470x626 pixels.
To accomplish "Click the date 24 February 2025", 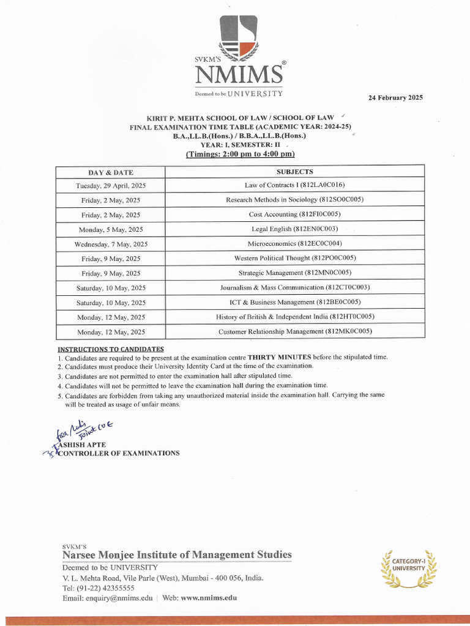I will click(x=395, y=98).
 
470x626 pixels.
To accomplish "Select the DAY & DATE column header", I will click(x=111, y=172).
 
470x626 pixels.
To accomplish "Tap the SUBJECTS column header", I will click(x=294, y=172).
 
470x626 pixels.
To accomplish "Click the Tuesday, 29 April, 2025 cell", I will click(x=111, y=185).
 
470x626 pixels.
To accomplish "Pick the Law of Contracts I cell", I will click(x=294, y=185).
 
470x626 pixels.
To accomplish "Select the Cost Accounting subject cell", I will click(x=294, y=214).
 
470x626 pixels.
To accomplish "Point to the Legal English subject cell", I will click(x=294, y=229).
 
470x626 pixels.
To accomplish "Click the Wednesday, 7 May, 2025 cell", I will click(x=111, y=244).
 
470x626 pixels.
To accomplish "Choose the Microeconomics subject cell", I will click(x=294, y=243).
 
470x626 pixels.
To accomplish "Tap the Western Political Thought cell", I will click(x=294, y=258).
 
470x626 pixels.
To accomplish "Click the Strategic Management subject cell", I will click(x=294, y=273).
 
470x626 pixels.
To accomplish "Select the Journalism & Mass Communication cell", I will click(x=294, y=287).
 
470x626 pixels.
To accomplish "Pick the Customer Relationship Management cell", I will click(x=294, y=331).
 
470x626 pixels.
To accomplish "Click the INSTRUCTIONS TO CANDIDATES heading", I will click(x=110, y=348).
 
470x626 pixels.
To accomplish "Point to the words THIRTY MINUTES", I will click(x=279, y=356).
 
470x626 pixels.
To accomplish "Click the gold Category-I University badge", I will click(x=408, y=565).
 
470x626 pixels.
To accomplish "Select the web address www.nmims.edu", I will click(x=208, y=598).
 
